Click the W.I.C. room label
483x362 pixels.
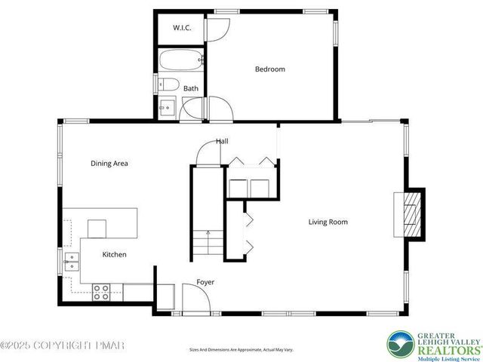coord(181,28)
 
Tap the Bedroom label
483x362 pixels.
coord(269,69)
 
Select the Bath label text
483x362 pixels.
coord(191,88)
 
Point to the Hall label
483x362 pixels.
coord(222,141)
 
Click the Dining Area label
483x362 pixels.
coord(109,163)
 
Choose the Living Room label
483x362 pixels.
coord(328,222)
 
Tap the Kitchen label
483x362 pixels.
coord(114,255)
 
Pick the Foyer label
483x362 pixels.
coord(205,282)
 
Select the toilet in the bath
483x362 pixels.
coord(169,84)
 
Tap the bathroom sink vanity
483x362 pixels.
coord(167,109)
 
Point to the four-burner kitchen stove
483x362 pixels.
coord(101,292)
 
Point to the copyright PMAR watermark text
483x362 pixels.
coord(62,345)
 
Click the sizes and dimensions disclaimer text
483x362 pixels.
coord(241,349)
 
